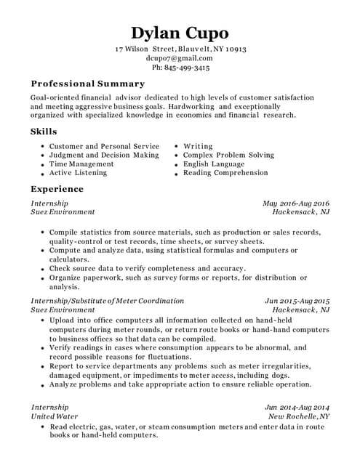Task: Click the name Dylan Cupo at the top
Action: [180, 33]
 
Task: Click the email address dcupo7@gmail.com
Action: [180, 58]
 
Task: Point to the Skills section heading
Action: [43, 132]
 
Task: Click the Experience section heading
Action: [57, 189]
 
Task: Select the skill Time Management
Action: [81, 164]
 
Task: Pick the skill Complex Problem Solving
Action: [228, 155]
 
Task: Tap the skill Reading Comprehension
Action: [225, 173]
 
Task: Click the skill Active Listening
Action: [78, 173]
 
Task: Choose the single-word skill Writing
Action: [198, 146]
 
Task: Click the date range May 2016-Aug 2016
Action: [296, 203]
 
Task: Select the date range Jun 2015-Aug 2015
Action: [297, 301]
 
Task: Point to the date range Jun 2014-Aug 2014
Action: [297, 408]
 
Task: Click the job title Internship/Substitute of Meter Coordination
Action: [107, 301]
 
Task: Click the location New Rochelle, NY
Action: [299, 417]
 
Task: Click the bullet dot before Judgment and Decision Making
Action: [42, 155]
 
